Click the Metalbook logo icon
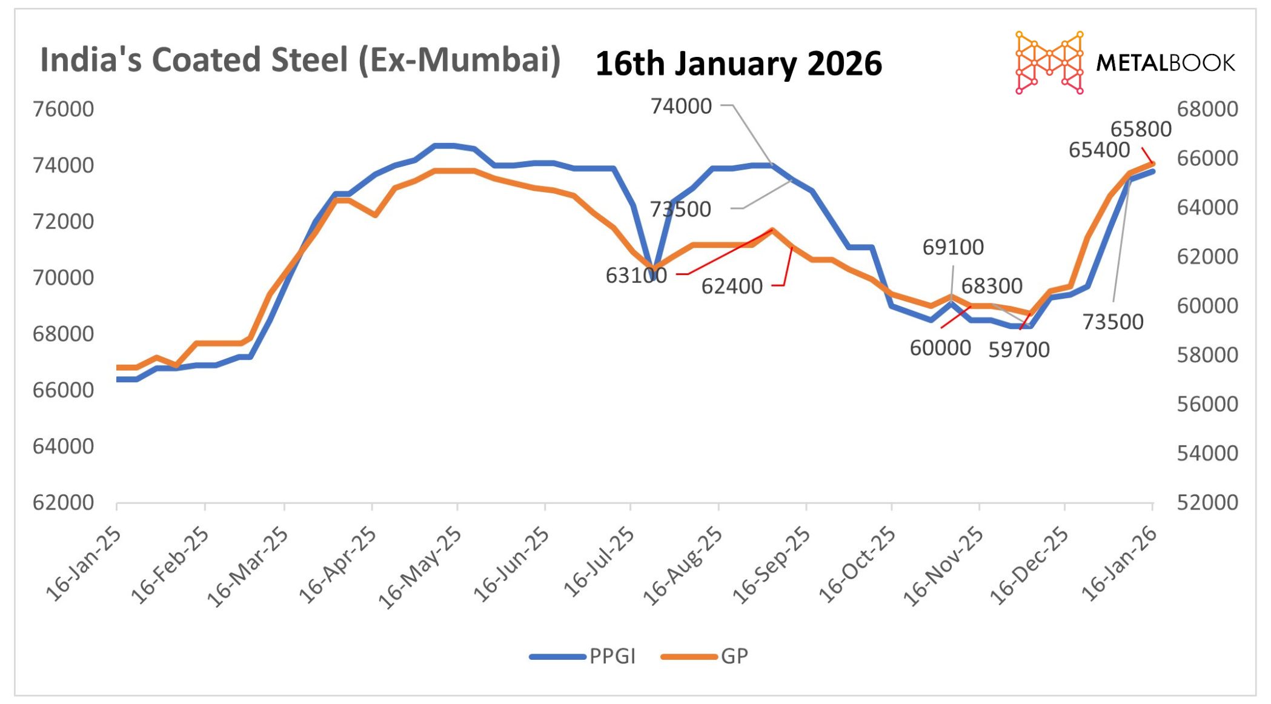point(1049,62)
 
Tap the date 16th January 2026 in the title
point(738,64)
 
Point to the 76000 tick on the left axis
point(64,110)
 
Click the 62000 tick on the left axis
point(64,503)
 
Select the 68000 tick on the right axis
point(1207,110)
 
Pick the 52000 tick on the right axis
point(1207,503)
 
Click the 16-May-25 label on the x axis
point(420,567)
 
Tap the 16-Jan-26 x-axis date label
point(1118,564)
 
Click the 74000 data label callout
point(681,107)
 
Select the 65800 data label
point(1140,130)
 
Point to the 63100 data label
point(636,276)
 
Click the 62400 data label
point(732,287)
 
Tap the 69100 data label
point(953,247)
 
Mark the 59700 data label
point(1018,350)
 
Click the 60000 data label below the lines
point(940,348)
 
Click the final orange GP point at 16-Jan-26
point(1152,164)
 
